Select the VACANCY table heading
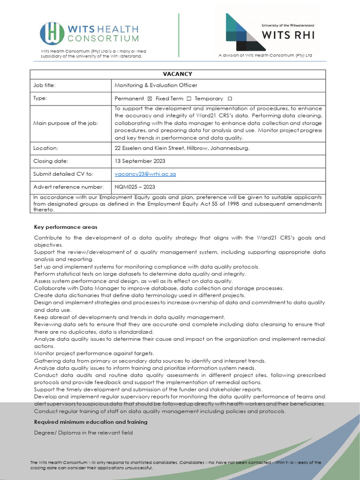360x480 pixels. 177,74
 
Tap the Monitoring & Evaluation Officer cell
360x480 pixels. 156,85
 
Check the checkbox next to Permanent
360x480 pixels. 150,99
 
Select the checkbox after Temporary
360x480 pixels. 229,99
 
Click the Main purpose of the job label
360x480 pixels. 66,123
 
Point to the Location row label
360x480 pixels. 45,148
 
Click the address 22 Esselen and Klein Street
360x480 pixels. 182,148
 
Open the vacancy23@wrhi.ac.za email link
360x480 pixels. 145,174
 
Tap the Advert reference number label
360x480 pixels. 68,187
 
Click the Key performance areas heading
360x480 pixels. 66,227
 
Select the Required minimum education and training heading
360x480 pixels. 90,422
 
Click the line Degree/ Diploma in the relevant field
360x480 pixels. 83,433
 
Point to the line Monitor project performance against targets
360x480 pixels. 94,353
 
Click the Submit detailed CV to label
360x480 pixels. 63,174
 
